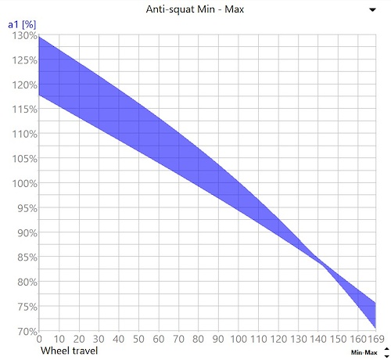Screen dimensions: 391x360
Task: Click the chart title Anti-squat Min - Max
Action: [195, 9]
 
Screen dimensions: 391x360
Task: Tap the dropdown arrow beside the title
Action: [373, 10]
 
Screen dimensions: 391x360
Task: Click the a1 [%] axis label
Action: [22, 24]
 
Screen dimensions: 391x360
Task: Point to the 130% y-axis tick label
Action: [25, 35]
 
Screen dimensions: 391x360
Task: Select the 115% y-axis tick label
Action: [25, 110]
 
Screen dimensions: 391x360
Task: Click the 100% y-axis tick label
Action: [25, 184]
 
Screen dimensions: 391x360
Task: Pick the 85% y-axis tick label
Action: [27, 257]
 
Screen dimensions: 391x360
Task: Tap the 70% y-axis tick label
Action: [27, 331]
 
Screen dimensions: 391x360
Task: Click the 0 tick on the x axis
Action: [39, 339]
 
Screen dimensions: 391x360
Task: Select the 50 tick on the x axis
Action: [138, 339]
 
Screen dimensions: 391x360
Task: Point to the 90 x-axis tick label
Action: [218, 339]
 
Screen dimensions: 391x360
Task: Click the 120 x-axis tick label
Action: [278, 339]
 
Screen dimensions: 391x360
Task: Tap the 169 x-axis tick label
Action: [376, 339]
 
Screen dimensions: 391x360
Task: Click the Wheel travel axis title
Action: [69, 351]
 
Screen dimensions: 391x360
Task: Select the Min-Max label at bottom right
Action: [364, 353]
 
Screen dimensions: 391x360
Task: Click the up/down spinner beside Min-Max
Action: [387, 352]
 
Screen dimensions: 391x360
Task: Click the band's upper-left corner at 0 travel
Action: [39, 37]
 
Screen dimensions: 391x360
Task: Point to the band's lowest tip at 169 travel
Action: [375, 328]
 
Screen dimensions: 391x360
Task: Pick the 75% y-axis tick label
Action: [27, 307]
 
